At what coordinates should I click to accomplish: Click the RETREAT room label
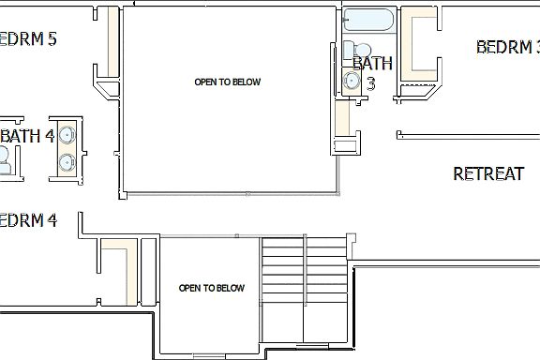coord(487,173)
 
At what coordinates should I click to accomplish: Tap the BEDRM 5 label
coord(26,39)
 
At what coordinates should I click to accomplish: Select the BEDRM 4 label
coord(26,221)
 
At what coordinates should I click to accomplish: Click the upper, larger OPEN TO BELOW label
coord(227,82)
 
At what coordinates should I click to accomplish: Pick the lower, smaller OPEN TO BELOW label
coord(211,288)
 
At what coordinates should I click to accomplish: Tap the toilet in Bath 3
coord(361,49)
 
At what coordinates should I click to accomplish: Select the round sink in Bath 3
coord(352,82)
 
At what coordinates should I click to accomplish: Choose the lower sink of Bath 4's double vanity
coord(67,162)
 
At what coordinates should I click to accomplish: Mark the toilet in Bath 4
coord(5,163)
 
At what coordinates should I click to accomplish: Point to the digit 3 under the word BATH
coord(370,83)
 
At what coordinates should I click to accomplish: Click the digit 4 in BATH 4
coord(49,136)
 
